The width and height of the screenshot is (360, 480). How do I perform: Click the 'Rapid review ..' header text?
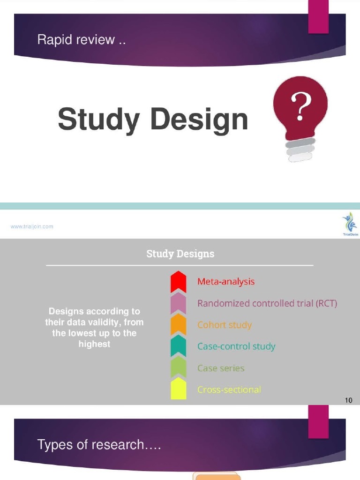[x=82, y=40]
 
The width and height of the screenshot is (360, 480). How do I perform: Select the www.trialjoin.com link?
[x=32, y=226]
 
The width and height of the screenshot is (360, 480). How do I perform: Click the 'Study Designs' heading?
[x=180, y=254]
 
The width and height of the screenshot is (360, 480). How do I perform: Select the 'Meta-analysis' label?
[x=226, y=282]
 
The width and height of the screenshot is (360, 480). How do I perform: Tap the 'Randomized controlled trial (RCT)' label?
[x=267, y=303]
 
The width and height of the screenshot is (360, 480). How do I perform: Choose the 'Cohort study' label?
[x=225, y=325]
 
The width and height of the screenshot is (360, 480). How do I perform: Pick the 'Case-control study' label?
[x=236, y=346]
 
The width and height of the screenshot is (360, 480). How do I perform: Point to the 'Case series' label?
[x=221, y=368]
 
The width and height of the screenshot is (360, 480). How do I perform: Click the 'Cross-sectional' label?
[x=229, y=390]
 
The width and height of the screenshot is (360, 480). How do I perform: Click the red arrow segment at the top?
[x=179, y=281]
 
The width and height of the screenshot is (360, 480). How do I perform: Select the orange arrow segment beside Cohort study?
[x=179, y=324]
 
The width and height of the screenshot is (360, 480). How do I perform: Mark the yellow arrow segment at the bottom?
[x=179, y=390]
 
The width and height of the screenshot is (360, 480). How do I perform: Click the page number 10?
[x=348, y=400]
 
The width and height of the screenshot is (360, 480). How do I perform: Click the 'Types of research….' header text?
[x=99, y=444]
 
